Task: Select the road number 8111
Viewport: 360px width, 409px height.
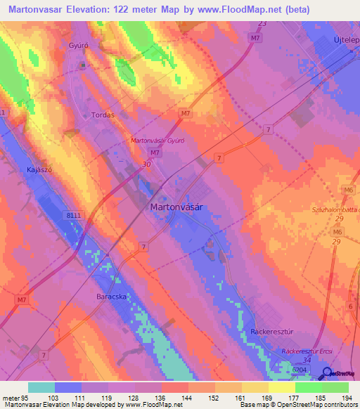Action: [x=72, y=216]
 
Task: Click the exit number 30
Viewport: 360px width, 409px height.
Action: [x=146, y=164]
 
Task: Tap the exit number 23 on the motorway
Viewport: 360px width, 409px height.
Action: [x=262, y=24]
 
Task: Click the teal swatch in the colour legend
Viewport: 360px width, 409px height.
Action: [x=41, y=387]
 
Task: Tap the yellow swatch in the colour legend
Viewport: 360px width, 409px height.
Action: [x=281, y=387]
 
